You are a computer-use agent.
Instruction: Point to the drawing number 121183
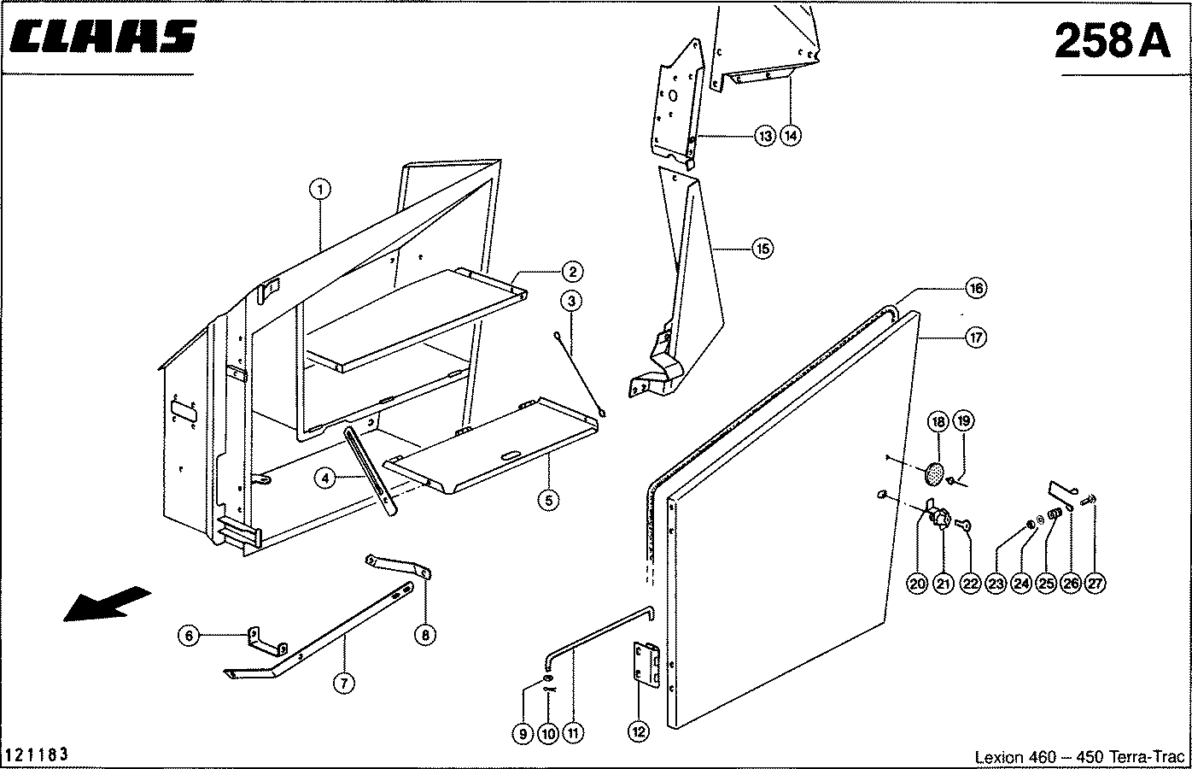coord(37,755)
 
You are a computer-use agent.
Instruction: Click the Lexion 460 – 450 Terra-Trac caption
coord(1079,757)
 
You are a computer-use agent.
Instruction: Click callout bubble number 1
coord(320,189)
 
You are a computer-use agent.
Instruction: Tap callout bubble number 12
coord(639,731)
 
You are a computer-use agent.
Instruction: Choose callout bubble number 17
coord(975,338)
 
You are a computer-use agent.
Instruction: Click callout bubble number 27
coord(1096,584)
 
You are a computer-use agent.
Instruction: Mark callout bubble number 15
coord(762,249)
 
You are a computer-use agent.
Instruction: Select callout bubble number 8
coord(425,634)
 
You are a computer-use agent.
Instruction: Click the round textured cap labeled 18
coord(935,471)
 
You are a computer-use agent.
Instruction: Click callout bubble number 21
coord(943,584)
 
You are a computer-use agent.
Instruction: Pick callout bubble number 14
coord(792,135)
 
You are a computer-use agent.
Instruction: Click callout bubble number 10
coord(548,732)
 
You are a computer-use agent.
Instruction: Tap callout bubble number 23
coord(996,584)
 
